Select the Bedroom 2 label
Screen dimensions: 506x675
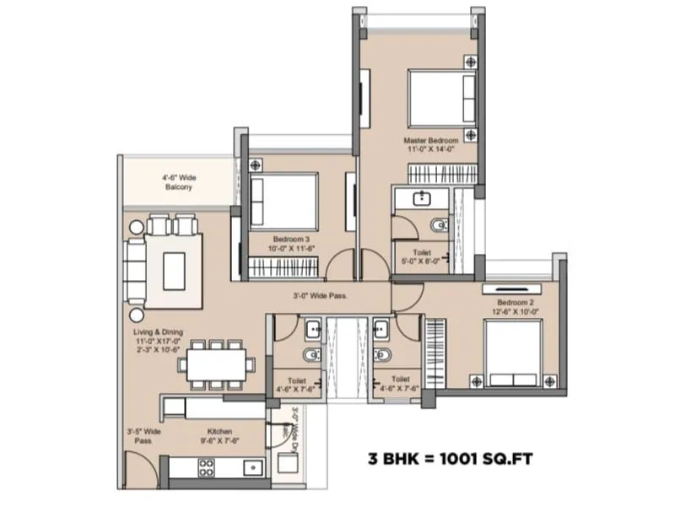[514, 306]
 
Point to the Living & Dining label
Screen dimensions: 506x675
[158, 337]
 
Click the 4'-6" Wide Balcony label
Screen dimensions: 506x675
[179, 182]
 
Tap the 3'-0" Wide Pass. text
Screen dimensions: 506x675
[320, 296]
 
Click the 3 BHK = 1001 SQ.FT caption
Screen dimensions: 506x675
[449, 460]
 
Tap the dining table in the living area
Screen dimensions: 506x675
[218, 364]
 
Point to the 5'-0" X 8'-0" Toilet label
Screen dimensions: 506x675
[422, 256]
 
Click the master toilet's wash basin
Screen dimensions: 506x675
[419, 199]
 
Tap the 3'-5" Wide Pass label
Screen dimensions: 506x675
[145, 435]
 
